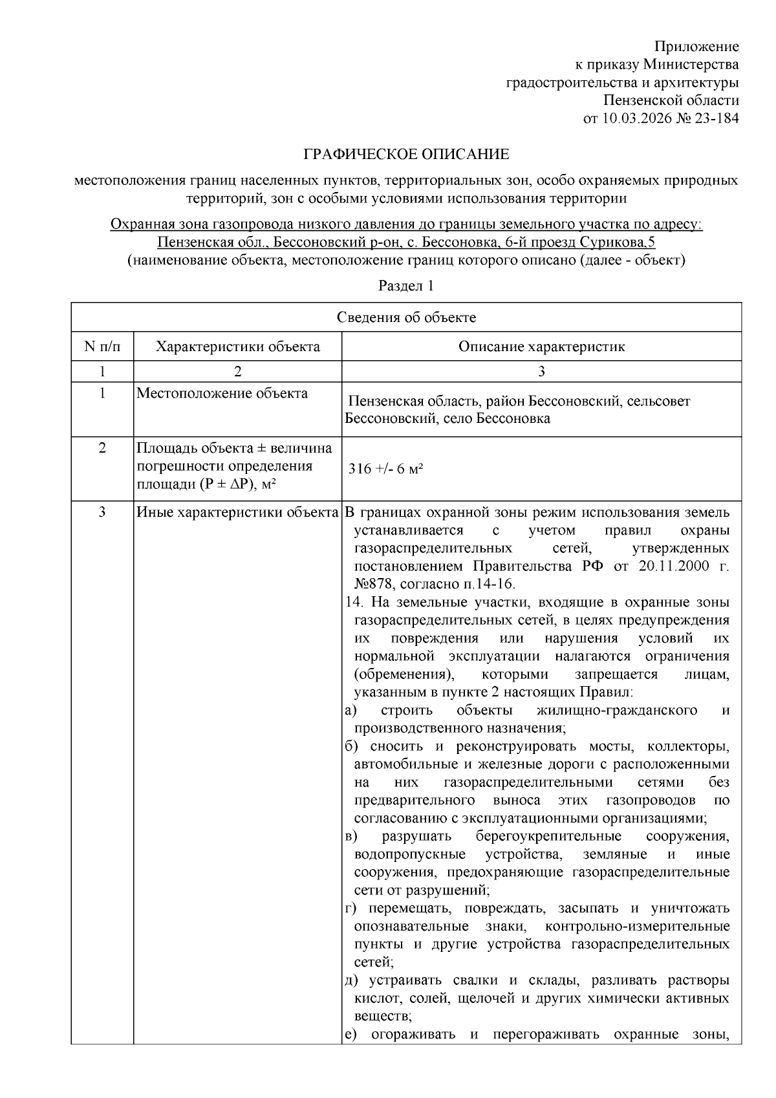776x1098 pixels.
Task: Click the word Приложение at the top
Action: point(696,47)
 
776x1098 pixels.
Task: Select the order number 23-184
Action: point(717,118)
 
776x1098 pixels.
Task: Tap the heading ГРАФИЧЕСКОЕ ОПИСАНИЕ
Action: point(407,155)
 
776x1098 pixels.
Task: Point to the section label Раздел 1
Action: point(405,286)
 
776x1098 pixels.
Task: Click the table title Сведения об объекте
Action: point(406,318)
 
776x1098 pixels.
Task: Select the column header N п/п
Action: point(102,347)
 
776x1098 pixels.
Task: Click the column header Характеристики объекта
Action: point(237,347)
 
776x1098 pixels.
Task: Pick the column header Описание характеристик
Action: point(541,347)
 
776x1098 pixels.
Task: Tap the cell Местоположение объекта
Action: point(222,393)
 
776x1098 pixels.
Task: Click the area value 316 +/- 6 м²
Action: point(385,469)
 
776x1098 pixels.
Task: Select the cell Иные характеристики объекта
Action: point(237,513)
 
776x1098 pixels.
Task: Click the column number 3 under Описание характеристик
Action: point(541,371)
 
